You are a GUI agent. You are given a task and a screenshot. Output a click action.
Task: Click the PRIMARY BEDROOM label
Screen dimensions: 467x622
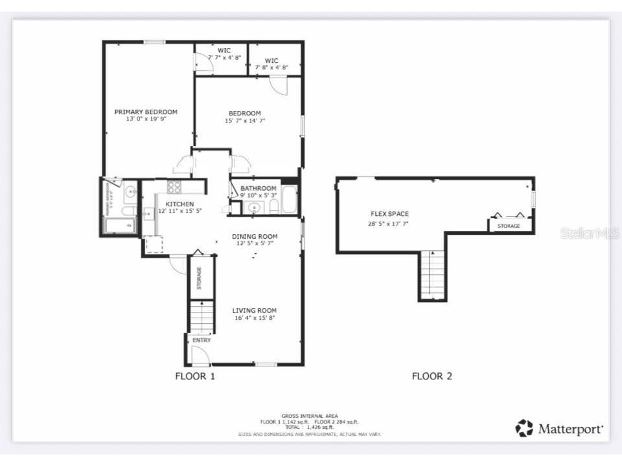146,112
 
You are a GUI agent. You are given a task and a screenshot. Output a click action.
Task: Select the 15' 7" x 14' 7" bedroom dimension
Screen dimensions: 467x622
244,120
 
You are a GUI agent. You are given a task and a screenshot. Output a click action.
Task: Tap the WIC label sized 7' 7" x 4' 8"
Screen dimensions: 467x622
224,50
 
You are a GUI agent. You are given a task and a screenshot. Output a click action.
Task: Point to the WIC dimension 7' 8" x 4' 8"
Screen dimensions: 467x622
271,67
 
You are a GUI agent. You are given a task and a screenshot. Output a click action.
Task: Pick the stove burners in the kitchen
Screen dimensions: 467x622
175,187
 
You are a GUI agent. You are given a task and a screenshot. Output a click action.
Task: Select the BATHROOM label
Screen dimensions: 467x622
258,188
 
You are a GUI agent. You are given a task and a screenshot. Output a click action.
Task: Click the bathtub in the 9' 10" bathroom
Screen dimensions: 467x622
289,201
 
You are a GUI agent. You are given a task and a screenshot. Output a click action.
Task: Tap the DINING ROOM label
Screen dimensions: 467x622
255,236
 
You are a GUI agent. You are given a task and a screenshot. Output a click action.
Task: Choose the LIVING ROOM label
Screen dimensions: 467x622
255,310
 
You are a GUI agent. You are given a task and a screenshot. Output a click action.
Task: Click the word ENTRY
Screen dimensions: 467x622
201,340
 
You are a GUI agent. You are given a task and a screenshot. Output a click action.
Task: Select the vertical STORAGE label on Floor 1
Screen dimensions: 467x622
199,278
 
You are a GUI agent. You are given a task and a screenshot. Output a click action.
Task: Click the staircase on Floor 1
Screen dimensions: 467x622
202,318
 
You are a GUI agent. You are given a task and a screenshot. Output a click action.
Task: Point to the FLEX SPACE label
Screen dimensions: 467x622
389,214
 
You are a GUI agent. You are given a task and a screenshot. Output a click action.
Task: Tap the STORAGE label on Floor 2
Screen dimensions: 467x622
509,226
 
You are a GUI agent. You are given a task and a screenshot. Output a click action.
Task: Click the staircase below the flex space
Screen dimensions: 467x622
433,274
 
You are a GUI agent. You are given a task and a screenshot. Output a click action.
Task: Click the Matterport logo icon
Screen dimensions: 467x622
524,428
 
